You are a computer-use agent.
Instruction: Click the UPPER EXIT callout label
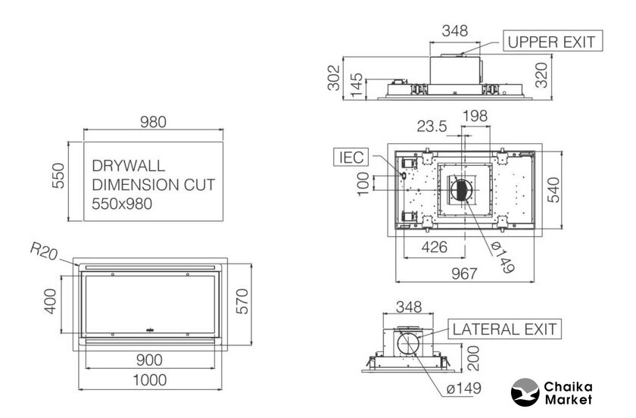[x=553, y=41]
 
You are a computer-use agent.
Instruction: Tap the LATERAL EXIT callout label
[x=504, y=329]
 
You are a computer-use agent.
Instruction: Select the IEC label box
[x=351, y=157]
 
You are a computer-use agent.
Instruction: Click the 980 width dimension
[x=153, y=122]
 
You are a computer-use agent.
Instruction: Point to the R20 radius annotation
[x=44, y=251]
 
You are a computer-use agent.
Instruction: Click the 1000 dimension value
[x=150, y=380]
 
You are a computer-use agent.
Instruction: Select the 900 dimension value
[x=149, y=360]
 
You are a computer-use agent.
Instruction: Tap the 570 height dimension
[x=242, y=301]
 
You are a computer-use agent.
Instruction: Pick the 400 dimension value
[x=50, y=301]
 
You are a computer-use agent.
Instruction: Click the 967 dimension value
[x=464, y=274]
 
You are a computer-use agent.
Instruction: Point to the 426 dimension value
[x=434, y=247]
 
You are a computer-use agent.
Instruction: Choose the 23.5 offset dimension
[x=432, y=126]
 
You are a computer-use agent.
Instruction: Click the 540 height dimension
[x=553, y=190]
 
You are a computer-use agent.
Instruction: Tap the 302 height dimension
[x=333, y=77]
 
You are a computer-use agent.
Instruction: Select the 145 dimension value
[x=356, y=85]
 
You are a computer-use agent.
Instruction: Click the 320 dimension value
[x=541, y=75]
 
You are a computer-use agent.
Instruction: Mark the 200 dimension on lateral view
[x=473, y=358]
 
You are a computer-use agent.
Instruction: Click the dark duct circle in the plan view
[x=461, y=190]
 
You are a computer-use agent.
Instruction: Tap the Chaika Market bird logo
[x=525, y=392]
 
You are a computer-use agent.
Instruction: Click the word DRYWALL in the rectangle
[x=129, y=166]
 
